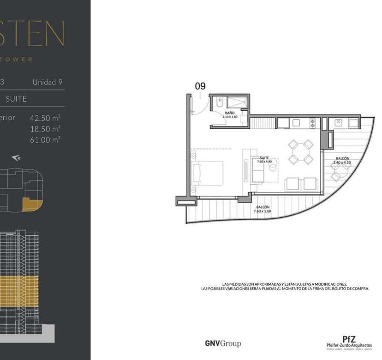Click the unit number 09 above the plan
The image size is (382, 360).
(200, 86)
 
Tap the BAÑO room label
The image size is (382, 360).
(229, 113)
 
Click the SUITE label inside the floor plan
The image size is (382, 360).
(264, 158)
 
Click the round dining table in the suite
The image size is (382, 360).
(301, 152)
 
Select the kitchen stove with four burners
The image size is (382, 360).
(312, 123)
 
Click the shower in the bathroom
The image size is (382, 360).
(239, 102)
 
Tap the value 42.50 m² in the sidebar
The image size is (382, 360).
(46, 118)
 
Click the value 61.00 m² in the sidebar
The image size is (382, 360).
(46, 139)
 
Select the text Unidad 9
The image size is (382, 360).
(48, 82)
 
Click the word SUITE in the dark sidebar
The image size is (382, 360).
(16, 99)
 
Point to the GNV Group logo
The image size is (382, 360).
(223, 343)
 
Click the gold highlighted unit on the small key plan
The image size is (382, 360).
(31, 204)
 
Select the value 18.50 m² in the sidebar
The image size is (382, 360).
(46, 129)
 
